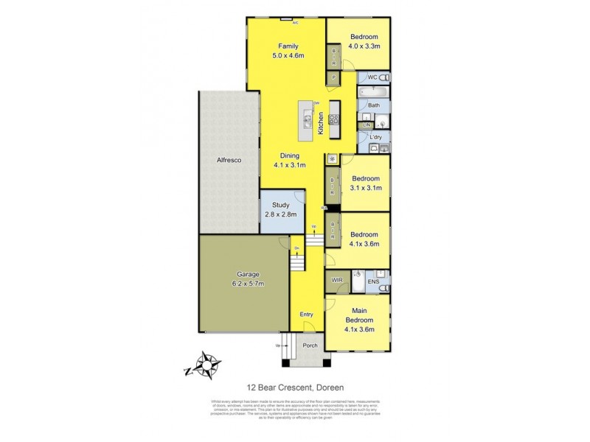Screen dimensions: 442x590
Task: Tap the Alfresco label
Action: (x=229, y=160)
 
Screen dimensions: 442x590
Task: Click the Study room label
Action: (x=280, y=206)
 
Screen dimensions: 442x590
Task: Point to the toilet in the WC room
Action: (x=383, y=77)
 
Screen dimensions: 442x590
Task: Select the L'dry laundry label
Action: (x=375, y=138)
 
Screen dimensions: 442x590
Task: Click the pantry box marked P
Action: (x=333, y=77)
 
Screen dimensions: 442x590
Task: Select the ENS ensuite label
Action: (x=373, y=281)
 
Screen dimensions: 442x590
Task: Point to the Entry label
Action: (x=306, y=315)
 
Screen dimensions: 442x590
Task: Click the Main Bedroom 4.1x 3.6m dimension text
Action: (x=359, y=329)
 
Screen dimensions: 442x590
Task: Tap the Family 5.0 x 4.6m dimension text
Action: (x=288, y=55)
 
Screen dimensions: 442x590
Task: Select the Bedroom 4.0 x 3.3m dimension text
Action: (x=364, y=46)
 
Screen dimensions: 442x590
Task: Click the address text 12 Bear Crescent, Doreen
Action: (x=294, y=385)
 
